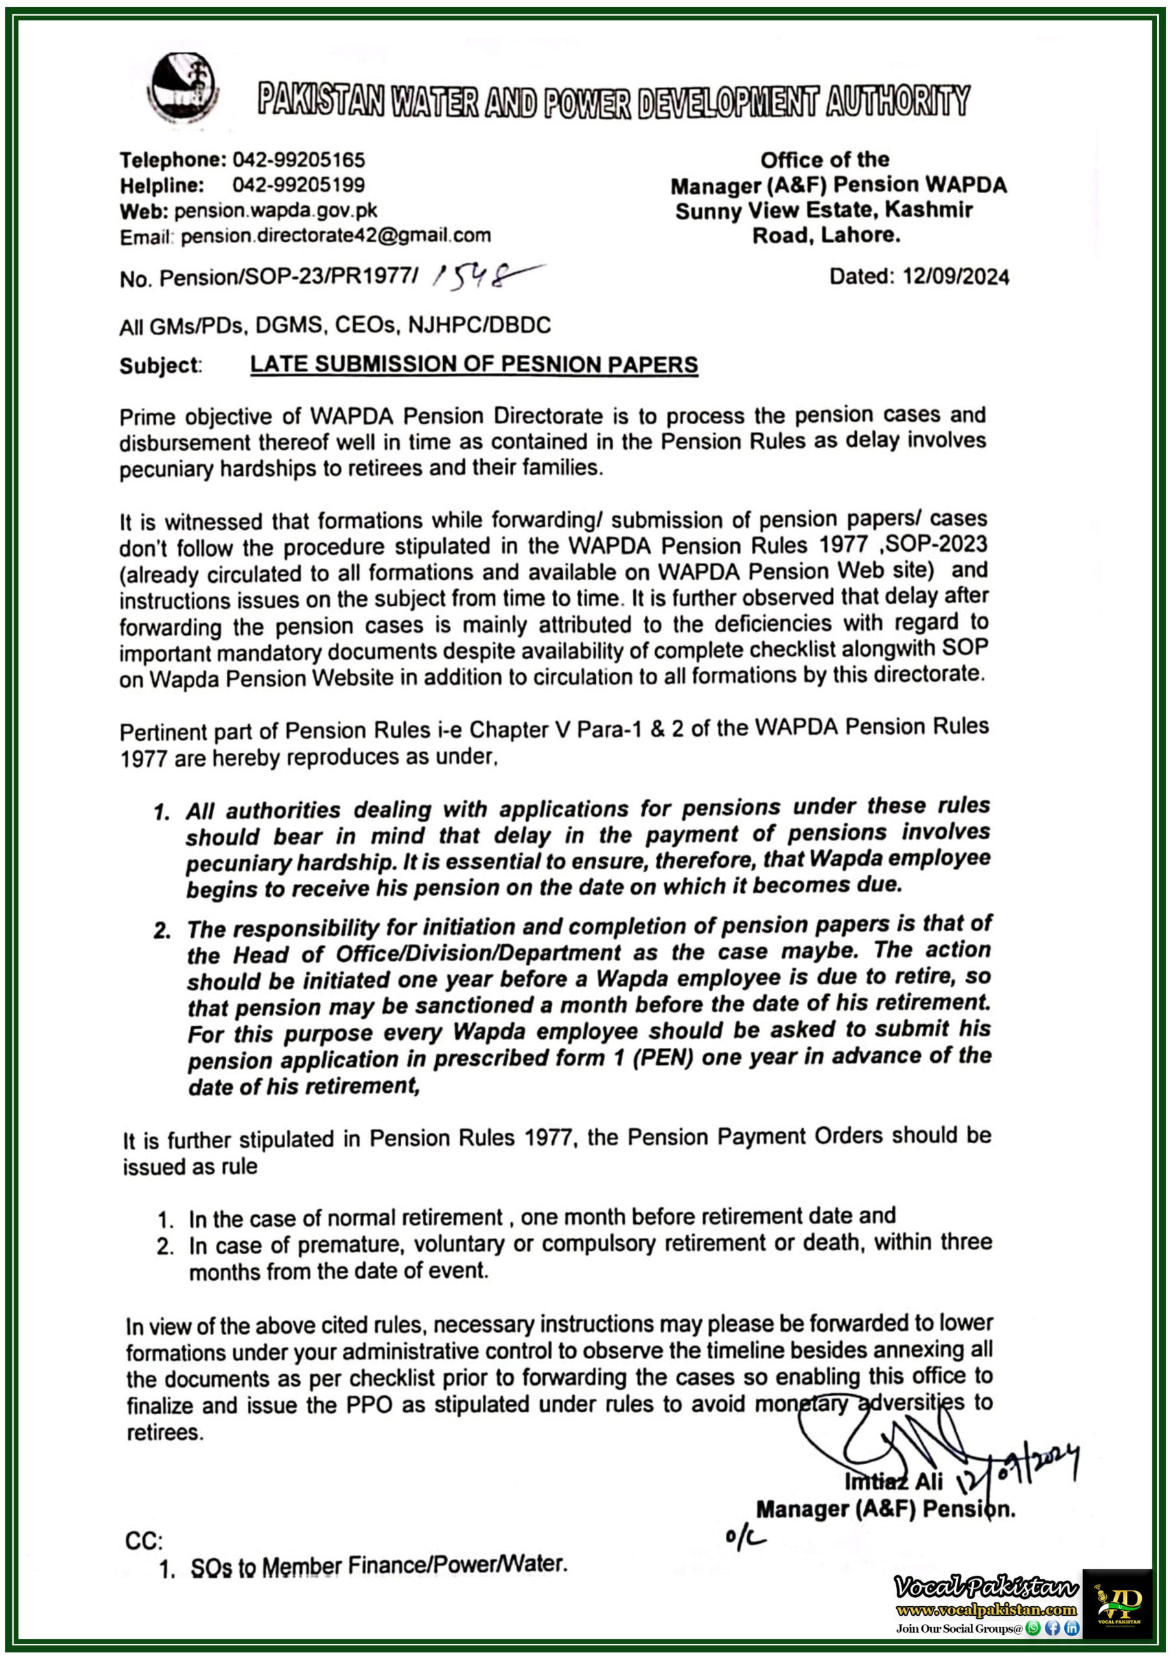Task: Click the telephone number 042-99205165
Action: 299,159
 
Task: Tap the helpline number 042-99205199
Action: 299,185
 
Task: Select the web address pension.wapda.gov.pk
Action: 275,210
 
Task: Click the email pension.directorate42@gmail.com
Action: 335,235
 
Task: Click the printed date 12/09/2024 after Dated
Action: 955,276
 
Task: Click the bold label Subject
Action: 159,366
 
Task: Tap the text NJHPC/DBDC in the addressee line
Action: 479,326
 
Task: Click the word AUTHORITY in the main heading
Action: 897,101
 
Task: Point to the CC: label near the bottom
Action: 144,1541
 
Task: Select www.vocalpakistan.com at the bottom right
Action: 986,1610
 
